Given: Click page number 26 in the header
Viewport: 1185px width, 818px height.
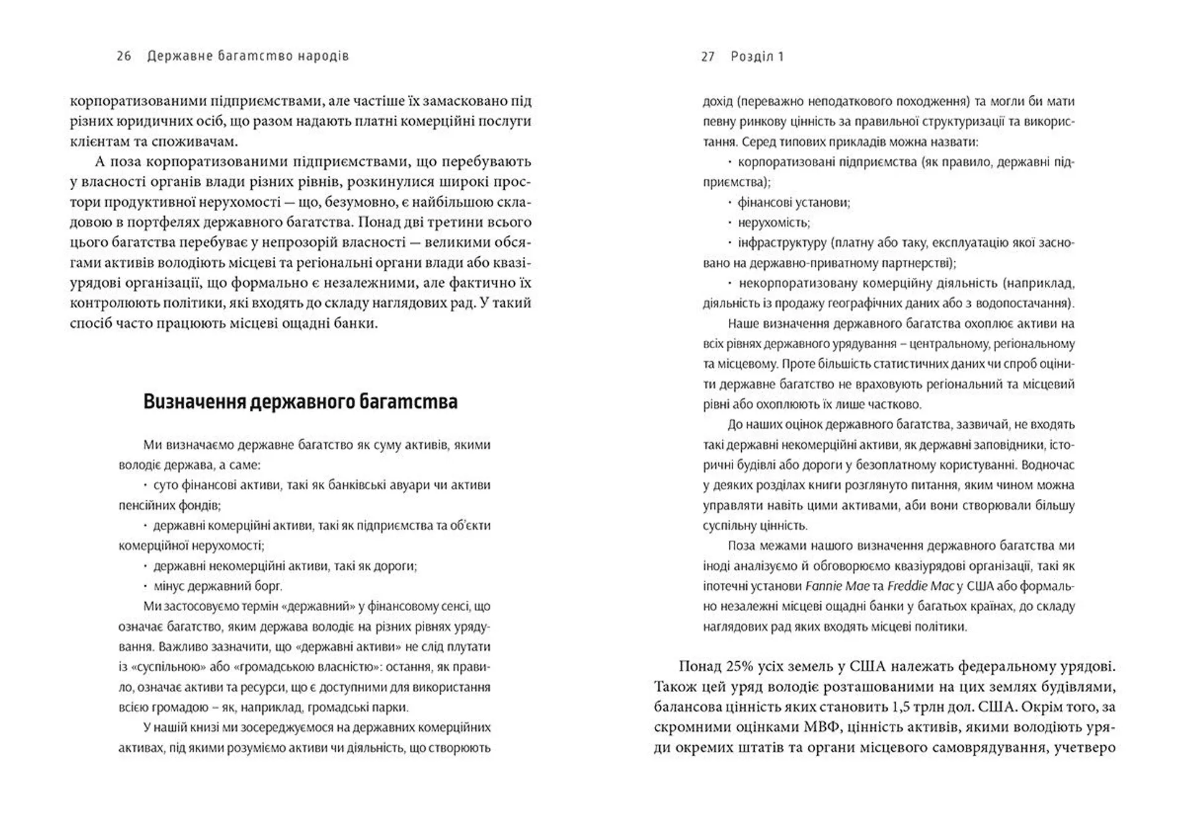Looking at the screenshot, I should pyautogui.click(x=123, y=56).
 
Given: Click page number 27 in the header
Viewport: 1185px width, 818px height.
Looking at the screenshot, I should pyautogui.click(x=708, y=57).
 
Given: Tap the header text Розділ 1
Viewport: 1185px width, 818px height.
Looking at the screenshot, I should pyautogui.click(x=757, y=57).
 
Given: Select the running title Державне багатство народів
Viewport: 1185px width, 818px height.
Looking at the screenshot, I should pyautogui.click(x=248, y=56).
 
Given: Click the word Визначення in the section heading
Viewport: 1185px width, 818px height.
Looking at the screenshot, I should pyautogui.click(x=194, y=402).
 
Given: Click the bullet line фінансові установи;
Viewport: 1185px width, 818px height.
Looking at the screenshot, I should pyautogui.click(x=794, y=202).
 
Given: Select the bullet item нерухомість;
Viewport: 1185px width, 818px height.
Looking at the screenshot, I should pyautogui.click(x=774, y=223).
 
